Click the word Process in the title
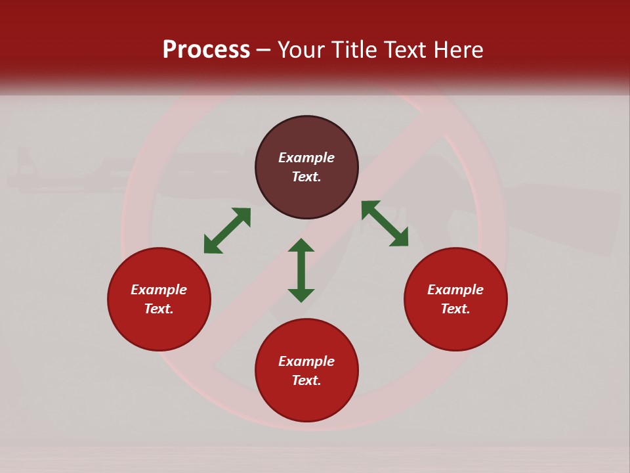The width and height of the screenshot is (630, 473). pyautogui.click(x=206, y=50)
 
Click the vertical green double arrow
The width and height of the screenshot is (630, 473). pyautogui.click(x=301, y=270)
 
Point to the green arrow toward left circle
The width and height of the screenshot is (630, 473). pyautogui.click(x=227, y=231)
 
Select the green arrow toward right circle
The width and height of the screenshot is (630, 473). pyautogui.click(x=385, y=223)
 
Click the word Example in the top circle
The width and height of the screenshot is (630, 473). pyautogui.click(x=306, y=158)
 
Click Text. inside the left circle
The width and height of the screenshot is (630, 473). pyautogui.click(x=159, y=309)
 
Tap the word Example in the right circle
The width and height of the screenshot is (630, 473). pyautogui.click(x=455, y=290)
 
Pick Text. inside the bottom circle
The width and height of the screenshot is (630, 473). pyautogui.click(x=306, y=380)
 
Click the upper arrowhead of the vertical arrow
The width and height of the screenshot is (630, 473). pyautogui.click(x=301, y=244)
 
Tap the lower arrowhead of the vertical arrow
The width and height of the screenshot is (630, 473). pyautogui.click(x=301, y=295)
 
